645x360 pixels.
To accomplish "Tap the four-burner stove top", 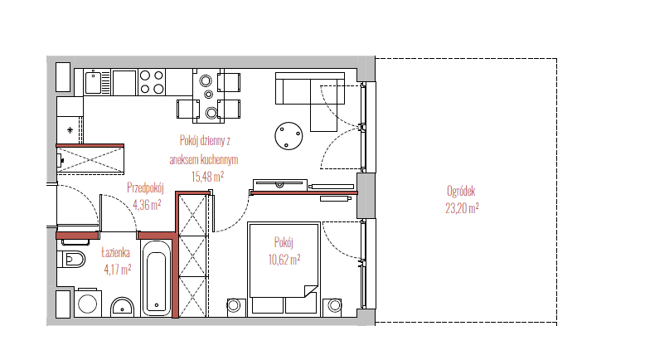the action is tap(152, 82).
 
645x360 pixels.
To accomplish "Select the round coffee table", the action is tap(289, 136).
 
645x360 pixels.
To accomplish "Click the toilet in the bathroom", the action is tap(71, 259).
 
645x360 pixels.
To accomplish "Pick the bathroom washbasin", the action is tap(122, 307).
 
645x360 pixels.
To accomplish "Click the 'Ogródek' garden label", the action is tap(461, 192).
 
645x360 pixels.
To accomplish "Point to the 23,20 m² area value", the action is tap(462, 208).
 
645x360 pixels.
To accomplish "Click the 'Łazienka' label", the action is tap(115, 253).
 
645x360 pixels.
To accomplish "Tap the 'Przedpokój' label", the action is tap(145, 188).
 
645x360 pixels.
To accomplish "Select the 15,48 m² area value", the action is tap(207, 177).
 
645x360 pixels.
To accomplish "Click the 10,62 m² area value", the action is tap(284, 260).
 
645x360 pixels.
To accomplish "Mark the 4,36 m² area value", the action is tap(147, 205).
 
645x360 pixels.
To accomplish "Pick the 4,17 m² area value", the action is tap(118, 270).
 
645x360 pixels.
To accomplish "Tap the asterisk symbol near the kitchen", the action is tap(70, 130).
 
